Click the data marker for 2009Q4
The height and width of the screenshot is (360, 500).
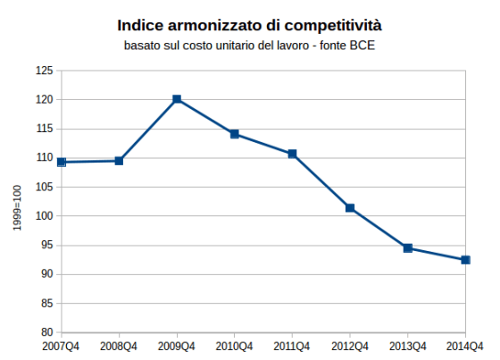click(177, 99)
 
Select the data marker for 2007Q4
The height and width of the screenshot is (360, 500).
click(62, 162)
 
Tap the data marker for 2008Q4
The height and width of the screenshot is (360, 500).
click(119, 161)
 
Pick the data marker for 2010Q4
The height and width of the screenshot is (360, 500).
click(235, 134)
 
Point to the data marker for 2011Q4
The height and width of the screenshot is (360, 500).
click(292, 154)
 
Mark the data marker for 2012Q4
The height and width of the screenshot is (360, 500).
click(350, 208)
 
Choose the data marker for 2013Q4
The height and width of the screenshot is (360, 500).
click(408, 247)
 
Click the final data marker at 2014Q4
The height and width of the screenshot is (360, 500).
click(465, 260)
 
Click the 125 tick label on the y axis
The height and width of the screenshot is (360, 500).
click(44, 71)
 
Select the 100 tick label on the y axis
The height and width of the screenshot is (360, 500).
click(44, 216)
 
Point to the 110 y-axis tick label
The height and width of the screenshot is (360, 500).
click(44, 158)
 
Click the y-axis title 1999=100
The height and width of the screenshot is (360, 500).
click(18, 207)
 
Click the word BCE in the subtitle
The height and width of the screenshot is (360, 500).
click(361, 46)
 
